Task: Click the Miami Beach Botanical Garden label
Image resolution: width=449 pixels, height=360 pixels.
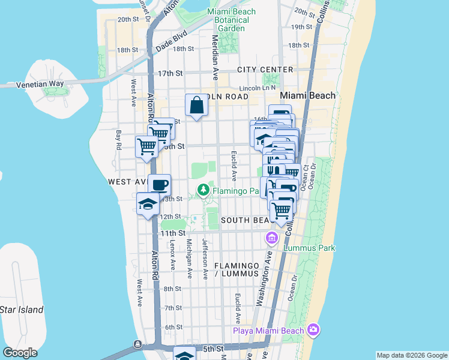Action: [231, 20]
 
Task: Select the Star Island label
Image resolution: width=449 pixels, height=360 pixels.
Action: [22, 310]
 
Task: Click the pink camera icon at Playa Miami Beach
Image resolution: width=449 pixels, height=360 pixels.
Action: [313, 329]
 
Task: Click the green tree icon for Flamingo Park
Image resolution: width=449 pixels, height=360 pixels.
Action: [204, 190]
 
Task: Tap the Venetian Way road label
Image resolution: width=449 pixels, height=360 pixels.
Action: [40, 84]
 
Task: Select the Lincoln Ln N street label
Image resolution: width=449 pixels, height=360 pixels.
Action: [257, 88]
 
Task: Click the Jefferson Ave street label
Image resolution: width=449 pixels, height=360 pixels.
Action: [205, 259]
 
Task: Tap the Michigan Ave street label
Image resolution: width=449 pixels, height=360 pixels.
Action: [189, 259]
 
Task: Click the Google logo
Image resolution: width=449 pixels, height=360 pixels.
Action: [20, 353]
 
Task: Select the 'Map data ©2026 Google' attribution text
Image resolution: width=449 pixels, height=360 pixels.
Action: [412, 355]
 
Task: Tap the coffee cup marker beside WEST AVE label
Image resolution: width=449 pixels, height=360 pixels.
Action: [159, 184]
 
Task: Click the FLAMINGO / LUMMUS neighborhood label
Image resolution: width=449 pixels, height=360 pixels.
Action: [231, 269]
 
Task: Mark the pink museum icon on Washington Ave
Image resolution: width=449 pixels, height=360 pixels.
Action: [271, 239]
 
